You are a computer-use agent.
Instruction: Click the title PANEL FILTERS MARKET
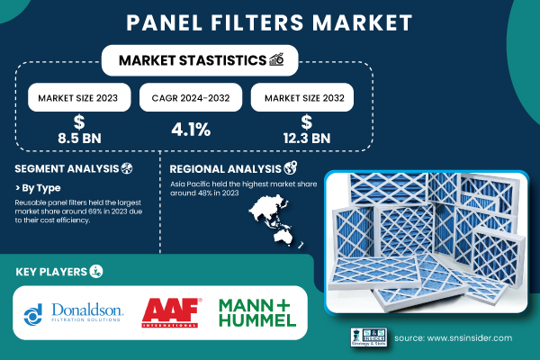269,21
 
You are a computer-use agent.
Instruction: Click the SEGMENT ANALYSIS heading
67,168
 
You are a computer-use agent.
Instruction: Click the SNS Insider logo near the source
368,337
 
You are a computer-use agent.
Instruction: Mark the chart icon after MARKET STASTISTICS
278,60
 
